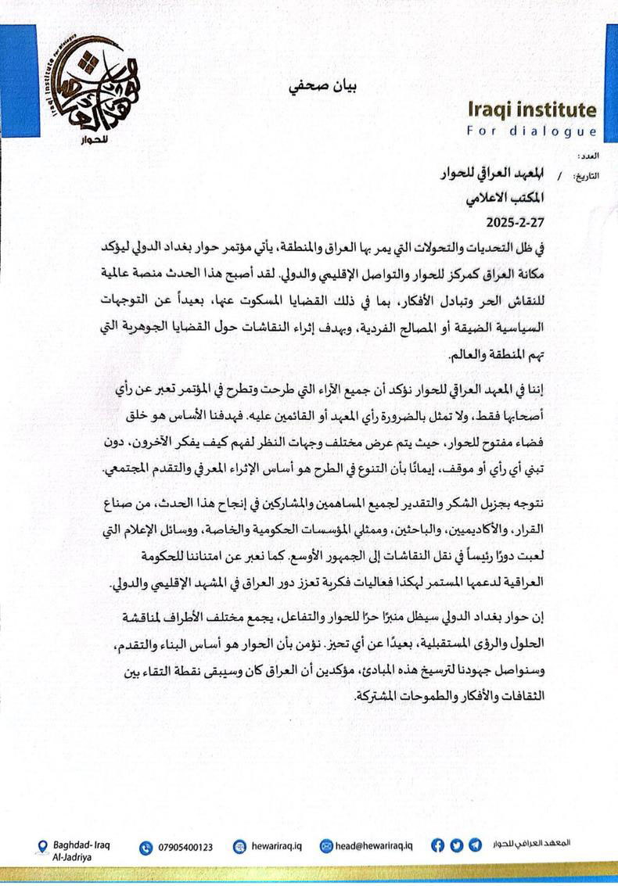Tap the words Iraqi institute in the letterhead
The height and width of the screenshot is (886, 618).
[531, 109]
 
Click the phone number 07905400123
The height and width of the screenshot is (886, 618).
[185, 847]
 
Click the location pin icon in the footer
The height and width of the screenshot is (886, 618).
[43, 846]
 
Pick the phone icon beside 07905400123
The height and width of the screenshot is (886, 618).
[146, 847]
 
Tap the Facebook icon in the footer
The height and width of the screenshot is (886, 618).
[437, 845]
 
